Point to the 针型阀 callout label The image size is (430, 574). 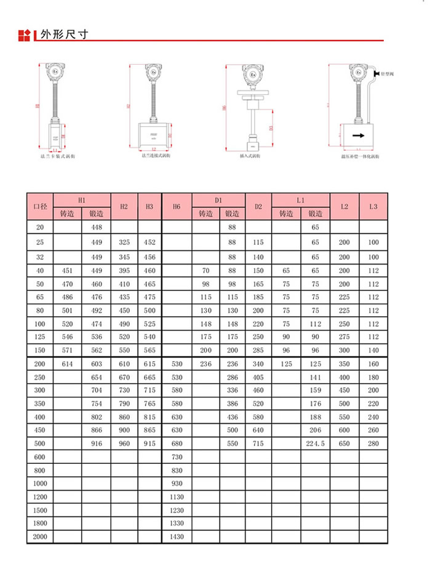pyautogui.click(x=388, y=74)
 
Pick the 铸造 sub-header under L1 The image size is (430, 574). pyautogui.click(x=286, y=214)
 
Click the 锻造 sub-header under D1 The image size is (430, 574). pyautogui.click(x=232, y=214)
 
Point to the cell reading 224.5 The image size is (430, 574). pyautogui.click(x=316, y=443)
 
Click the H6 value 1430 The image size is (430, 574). pyautogui.click(x=177, y=537)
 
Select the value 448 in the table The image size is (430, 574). pyautogui.click(x=97, y=228)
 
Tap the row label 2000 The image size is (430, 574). pyautogui.click(x=39, y=537)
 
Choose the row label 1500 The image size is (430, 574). pyautogui.click(x=39, y=510)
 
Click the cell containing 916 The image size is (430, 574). pyautogui.click(x=97, y=443)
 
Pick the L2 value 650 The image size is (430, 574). pyautogui.click(x=344, y=443)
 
